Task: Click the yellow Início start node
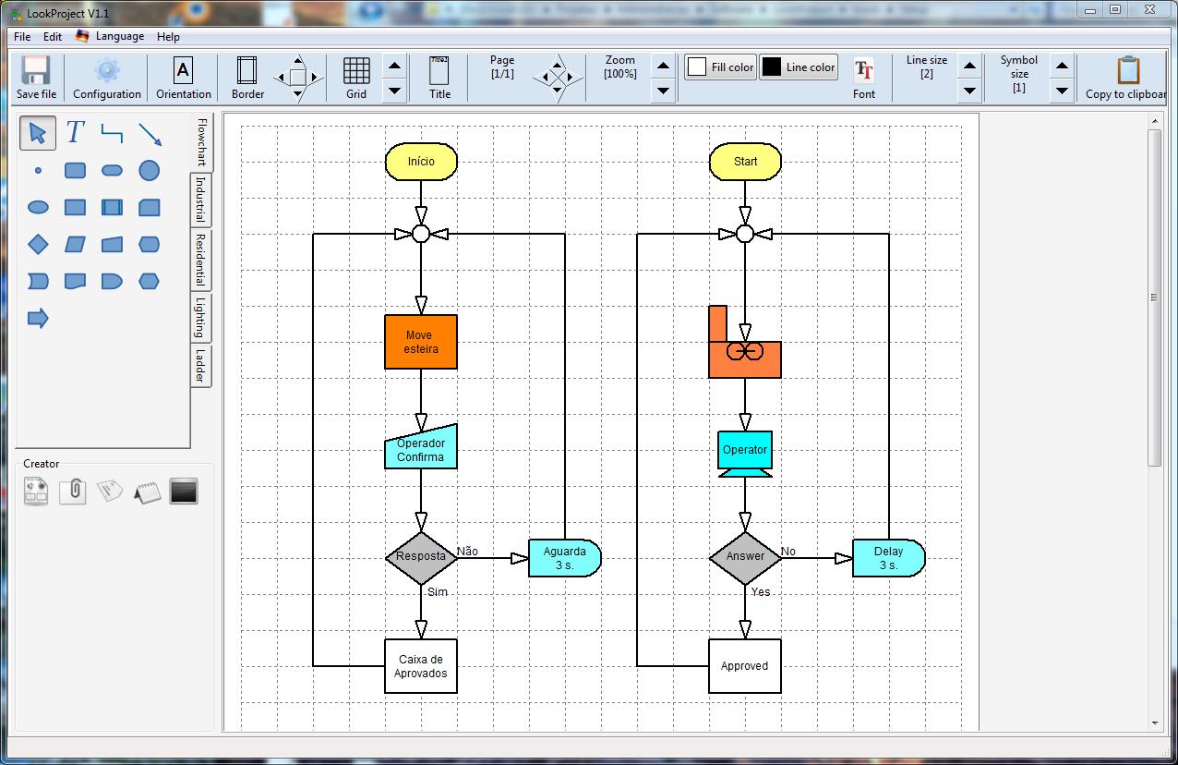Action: click(x=421, y=162)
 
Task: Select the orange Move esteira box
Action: click(x=421, y=342)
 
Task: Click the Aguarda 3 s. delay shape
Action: click(x=564, y=558)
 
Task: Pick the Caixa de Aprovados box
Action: click(x=421, y=666)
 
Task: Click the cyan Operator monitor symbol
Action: click(x=745, y=454)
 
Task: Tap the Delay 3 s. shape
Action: click(x=888, y=558)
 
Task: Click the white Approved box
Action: click(x=745, y=666)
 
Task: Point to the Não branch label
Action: click(x=467, y=551)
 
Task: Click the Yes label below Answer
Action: click(x=761, y=592)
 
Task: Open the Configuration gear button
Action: click(x=107, y=78)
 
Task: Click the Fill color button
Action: click(x=720, y=67)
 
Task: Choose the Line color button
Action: click(x=799, y=67)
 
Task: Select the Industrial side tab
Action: click(x=200, y=200)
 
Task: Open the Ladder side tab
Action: click(x=200, y=366)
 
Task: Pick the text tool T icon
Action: click(x=75, y=133)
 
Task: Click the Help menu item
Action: click(x=168, y=37)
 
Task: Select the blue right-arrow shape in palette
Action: click(x=38, y=319)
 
